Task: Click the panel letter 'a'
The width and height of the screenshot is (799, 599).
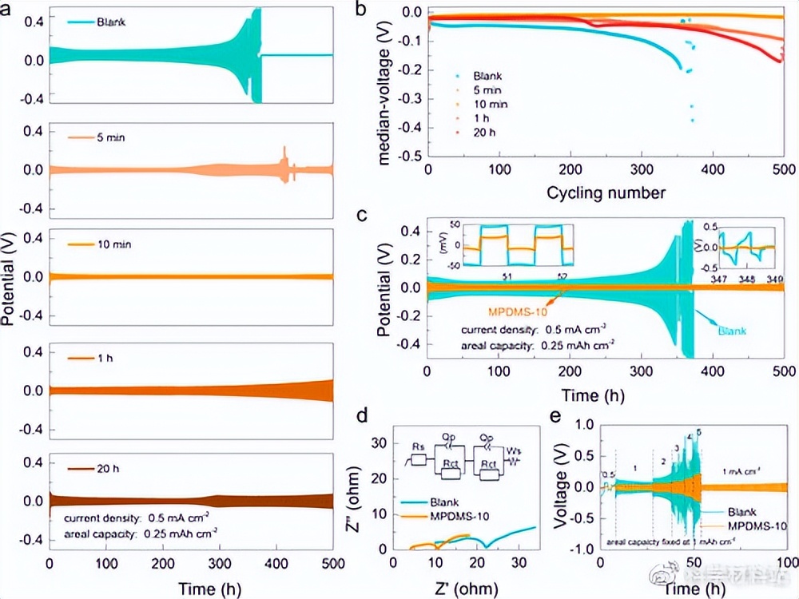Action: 8,10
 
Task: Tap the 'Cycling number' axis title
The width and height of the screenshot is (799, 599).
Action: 606,192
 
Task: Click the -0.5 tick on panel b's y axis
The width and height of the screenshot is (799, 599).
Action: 411,157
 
